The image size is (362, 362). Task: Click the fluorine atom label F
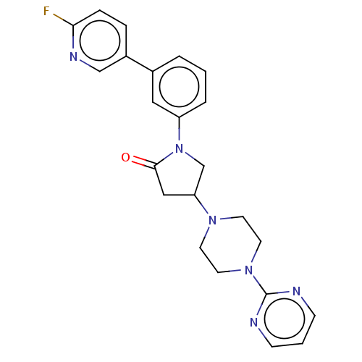tap(46, 11)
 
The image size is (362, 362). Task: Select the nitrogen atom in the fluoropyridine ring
tap(73, 56)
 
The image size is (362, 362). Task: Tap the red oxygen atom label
tap(125, 158)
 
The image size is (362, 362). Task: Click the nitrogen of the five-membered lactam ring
tap(179, 148)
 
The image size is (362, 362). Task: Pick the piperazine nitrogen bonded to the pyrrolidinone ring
tap(212, 220)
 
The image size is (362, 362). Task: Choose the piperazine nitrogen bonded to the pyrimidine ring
tap(248, 270)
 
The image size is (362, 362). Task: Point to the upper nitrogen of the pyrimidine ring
tap(296, 291)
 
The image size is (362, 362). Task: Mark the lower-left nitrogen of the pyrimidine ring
tap(254, 322)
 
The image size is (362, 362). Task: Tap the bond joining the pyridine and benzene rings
tap(140, 64)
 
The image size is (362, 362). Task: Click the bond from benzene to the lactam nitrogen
tap(179, 129)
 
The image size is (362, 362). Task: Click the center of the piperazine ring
tap(230, 245)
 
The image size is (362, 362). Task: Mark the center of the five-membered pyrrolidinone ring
tap(180, 174)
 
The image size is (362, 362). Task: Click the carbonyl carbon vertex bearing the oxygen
tap(155, 166)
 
